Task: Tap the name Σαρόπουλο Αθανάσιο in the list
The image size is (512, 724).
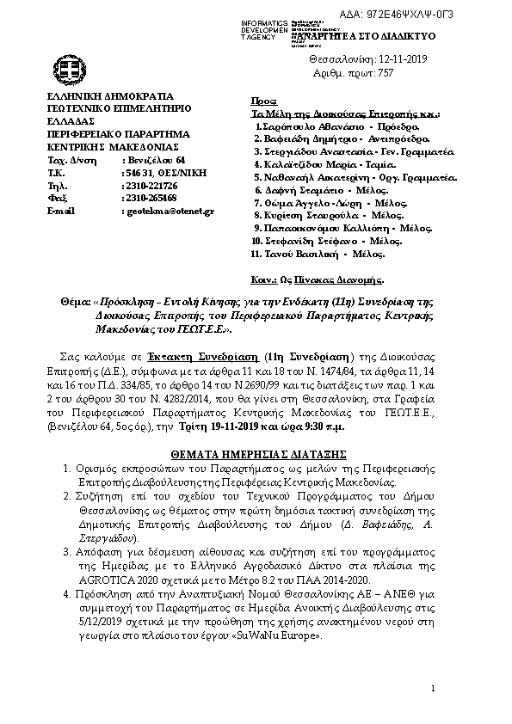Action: pyautogui.click(x=301, y=126)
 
